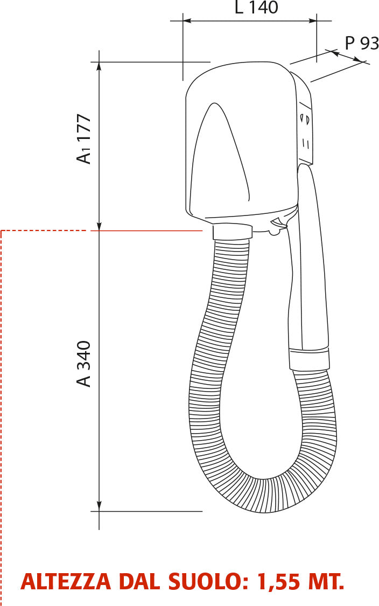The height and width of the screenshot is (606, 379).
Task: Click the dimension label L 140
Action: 256,8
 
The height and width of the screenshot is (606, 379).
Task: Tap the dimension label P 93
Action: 362,43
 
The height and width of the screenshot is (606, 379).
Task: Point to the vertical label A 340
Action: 84,364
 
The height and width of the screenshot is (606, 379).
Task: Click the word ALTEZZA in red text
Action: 66,582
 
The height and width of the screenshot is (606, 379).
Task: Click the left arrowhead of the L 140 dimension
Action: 187,21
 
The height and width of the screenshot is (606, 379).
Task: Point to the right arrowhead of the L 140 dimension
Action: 313,21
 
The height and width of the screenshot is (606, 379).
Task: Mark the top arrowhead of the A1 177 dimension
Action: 99,66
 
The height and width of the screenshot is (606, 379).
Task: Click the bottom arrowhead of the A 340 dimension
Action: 99,506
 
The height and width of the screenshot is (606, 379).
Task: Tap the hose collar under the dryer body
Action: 233,232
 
